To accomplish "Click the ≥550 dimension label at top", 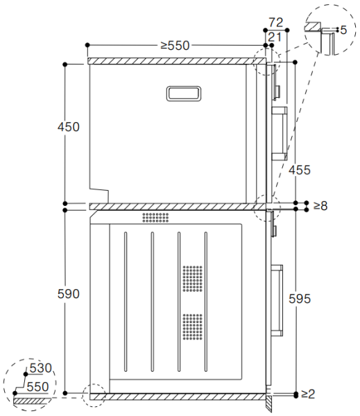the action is pos(175,45).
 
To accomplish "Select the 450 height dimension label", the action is pos(69,127).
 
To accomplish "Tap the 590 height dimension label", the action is pos(69,294).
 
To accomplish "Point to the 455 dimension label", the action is pos(300,170).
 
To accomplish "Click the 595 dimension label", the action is pos(300,299).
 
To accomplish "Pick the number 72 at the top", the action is pos(276,23).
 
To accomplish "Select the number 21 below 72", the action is pos(275,37).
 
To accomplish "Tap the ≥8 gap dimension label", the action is pos(320,206).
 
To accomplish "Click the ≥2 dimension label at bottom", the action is pos(308,394).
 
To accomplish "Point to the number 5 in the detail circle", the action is pos(343,30).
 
